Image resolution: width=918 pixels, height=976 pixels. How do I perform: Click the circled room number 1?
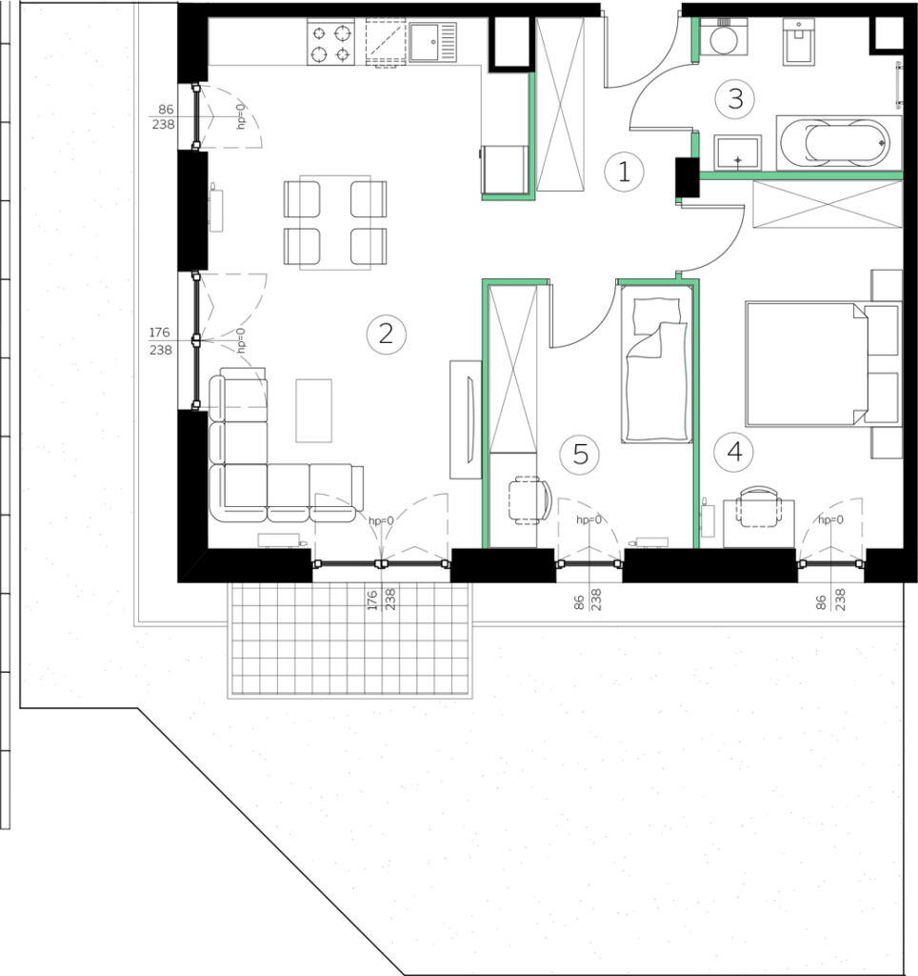point(624,172)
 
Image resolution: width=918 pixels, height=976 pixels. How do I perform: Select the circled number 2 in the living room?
point(387,335)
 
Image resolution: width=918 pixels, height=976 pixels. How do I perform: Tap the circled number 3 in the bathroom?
point(735,98)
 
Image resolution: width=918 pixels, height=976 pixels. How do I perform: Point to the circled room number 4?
point(734,451)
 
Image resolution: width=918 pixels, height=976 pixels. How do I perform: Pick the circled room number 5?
point(580,455)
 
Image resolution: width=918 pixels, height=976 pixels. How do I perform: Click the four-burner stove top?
point(330,42)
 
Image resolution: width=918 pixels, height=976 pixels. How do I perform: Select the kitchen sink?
point(432,42)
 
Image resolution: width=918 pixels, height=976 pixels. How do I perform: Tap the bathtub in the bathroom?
point(838,142)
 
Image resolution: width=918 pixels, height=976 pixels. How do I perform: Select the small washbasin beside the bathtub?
point(738,152)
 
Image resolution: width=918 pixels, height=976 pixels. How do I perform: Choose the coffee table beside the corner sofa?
point(314,411)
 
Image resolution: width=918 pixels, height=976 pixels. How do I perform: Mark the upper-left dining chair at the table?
point(302,198)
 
